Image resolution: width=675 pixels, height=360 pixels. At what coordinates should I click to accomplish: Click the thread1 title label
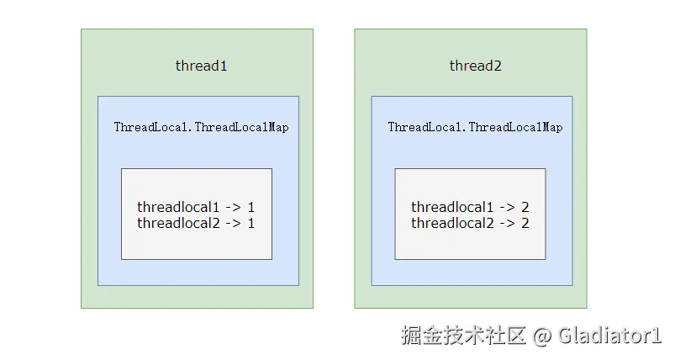pos(201,66)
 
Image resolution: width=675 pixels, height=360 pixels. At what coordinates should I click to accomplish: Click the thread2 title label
pos(475,66)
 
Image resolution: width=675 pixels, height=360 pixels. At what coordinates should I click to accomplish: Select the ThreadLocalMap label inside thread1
pos(201,128)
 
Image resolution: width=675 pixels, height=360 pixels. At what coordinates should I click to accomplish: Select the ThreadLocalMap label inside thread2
pos(475,128)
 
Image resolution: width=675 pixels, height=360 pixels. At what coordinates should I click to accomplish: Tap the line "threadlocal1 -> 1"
pos(196,207)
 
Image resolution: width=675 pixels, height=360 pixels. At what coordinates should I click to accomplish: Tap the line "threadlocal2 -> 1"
pos(196,223)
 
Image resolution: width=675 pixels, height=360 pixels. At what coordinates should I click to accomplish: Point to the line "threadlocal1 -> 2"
pos(470,207)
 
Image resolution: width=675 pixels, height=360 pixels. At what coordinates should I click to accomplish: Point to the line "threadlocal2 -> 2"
pos(470,223)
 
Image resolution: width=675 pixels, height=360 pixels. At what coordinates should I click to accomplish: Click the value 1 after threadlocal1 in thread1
pos(250,207)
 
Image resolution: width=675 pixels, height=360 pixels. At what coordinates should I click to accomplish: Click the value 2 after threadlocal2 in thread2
pos(525,223)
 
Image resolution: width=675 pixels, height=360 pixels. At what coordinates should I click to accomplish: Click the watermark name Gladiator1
pos(609,336)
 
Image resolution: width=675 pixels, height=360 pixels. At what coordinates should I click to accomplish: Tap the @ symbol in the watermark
pos(542,336)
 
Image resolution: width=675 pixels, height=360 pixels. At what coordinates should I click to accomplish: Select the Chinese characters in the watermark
pos(463,336)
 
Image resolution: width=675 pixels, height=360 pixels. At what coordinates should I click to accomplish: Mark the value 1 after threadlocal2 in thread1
pos(250,223)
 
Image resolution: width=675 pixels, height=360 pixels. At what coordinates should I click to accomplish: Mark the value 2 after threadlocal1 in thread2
pos(525,207)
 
